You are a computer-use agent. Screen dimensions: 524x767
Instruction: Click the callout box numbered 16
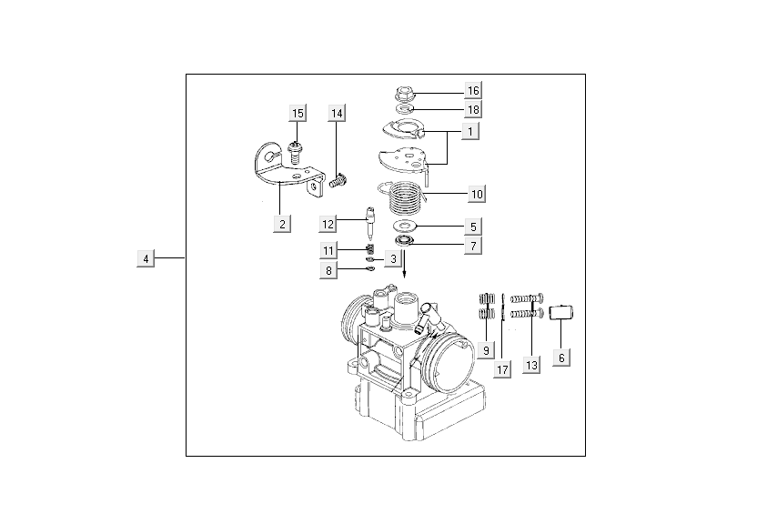472,91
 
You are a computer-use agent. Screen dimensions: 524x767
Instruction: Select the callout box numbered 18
472,109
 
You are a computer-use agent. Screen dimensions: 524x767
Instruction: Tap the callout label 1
469,132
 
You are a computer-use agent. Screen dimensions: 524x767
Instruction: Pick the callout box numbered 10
476,194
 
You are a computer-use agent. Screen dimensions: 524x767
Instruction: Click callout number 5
473,226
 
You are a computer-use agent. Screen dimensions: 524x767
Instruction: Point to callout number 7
473,246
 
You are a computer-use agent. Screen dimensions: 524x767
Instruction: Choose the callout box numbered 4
145,259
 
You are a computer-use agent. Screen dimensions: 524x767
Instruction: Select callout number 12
328,224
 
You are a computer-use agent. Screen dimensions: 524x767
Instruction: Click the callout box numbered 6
561,358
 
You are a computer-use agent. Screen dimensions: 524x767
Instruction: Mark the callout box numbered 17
502,369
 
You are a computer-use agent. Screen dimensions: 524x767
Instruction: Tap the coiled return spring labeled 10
404,194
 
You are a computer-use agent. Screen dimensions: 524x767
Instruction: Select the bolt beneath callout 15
294,149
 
